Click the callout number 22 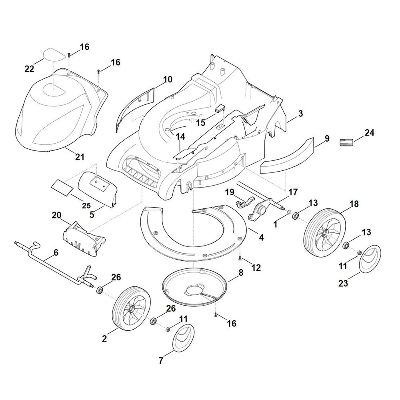click(29, 69)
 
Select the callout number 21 click(80, 157)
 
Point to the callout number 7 click(161, 360)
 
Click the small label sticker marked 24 click(346, 142)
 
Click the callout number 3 click(300, 114)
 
